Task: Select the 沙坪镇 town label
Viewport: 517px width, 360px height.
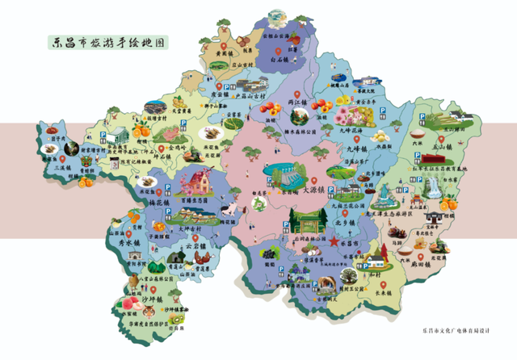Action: tap(149, 300)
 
